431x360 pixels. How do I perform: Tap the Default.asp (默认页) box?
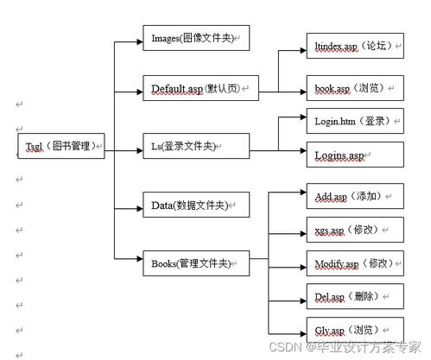pyautogui.click(x=196, y=88)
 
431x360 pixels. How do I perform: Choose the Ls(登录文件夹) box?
pyautogui.click(x=196, y=146)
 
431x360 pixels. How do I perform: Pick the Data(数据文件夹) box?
pyautogui.click(x=196, y=205)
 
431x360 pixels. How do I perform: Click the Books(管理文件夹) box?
pyautogui.click(x=196, y=262)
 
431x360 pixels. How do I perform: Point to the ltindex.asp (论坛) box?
pyautogui.click(x=354, y=46)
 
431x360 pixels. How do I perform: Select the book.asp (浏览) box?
pyautogui.click(x=354, y=88)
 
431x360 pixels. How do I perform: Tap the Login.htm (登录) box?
pyautogui.click(x=354, y=122)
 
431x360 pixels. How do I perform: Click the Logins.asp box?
pyautogui.click(x=354, y=155)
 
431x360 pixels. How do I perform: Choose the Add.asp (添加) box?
pyautogui.click(x=354, y=196)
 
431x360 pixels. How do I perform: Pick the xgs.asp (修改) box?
pyautogui.click(x=354, y=230)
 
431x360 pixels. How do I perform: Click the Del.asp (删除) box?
pyautogui.click(x=354, y=296)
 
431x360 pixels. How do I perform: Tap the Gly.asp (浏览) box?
pyautogui.click(x=354, y=330)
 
